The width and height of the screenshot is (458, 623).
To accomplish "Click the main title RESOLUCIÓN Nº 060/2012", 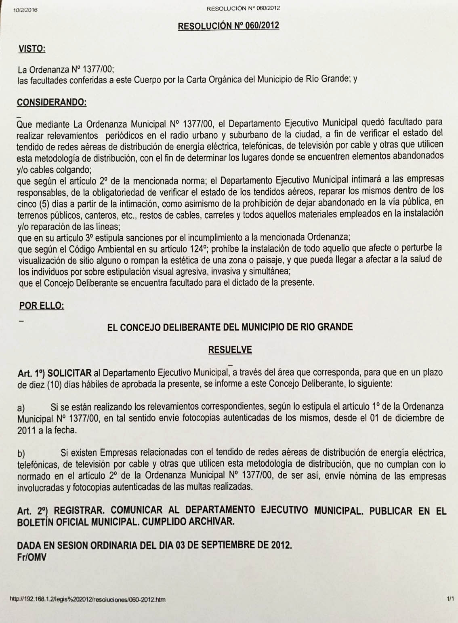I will [229, 25].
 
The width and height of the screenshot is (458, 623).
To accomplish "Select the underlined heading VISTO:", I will [32, 49].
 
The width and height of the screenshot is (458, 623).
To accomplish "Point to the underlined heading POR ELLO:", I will [42, 305].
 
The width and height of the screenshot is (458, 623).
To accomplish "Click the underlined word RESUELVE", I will [230, 349].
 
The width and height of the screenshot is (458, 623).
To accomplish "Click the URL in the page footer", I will [87, 600].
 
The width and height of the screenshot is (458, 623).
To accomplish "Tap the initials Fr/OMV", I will [32, 557].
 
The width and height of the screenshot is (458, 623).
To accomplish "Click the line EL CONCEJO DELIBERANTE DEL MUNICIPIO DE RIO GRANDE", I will [230, 326].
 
